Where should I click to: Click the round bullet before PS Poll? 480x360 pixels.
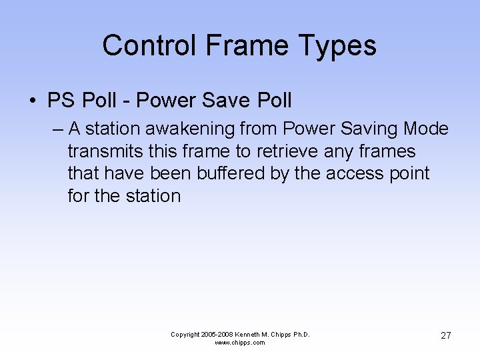coord(32,101)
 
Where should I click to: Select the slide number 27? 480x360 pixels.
coord(446,335)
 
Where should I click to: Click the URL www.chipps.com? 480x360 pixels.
coord(240,343)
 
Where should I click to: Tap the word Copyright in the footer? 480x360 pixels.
coord(185,334)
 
